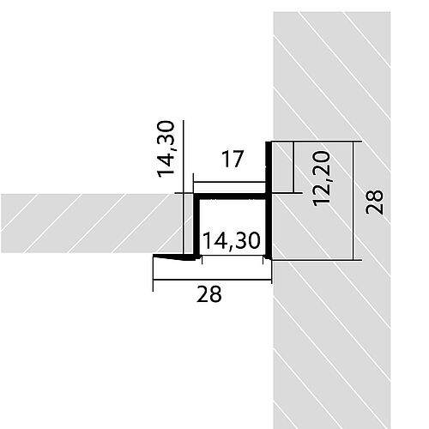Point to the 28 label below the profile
tap(208, 295)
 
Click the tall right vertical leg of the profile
tap(269, 206)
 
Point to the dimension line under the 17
tap(229, 181)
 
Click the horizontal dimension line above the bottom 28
tap(212, 279)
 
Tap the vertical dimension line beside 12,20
tap(294, 167)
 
